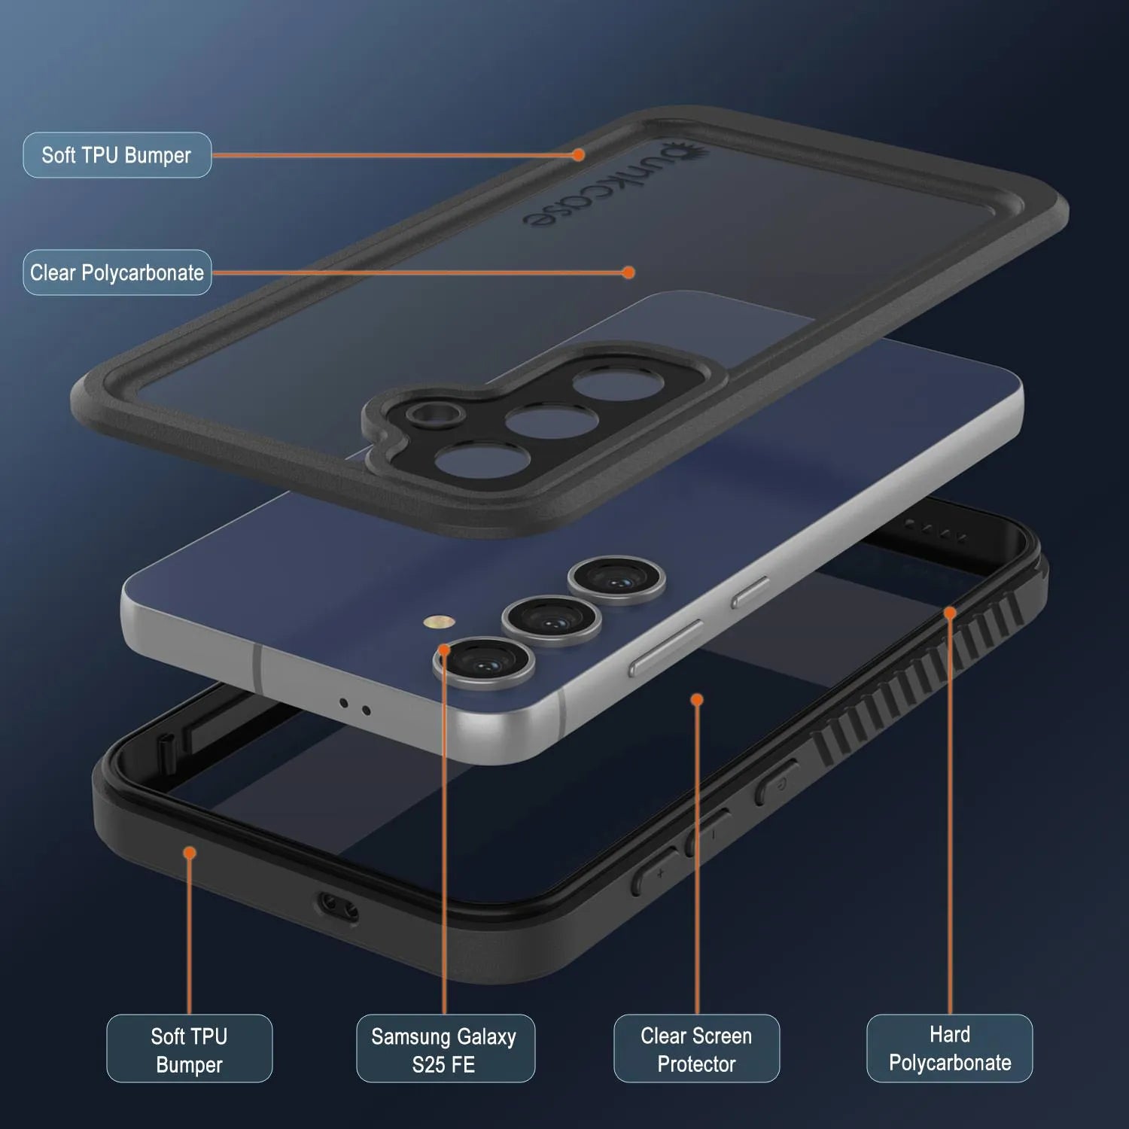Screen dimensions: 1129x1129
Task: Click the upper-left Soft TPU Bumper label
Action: point(117,155)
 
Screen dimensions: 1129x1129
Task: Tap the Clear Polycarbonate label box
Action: point(117,272)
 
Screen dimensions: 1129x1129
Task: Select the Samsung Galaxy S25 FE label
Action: point(446,1049)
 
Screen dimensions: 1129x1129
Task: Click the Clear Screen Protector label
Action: point(696,1049)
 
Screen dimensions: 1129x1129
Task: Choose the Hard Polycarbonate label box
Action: point(950,1048)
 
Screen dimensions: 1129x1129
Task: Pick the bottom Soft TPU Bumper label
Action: point(189,1049)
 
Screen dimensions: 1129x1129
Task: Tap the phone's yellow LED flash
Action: point(439,622)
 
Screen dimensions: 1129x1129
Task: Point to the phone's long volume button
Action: point(667,647)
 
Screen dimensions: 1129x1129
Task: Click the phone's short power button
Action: point(750,592)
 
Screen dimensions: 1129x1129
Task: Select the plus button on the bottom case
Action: point(656,872)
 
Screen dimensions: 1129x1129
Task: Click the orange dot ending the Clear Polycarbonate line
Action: point(628,272)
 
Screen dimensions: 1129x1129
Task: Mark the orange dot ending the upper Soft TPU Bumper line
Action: point(578,155)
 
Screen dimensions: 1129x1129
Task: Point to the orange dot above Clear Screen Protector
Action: point(697,700)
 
